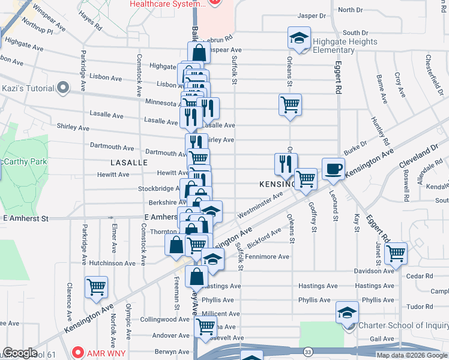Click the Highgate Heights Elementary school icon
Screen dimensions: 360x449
(298, 38)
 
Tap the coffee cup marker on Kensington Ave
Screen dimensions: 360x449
(333, 169)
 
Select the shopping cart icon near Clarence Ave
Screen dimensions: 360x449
(96, 287)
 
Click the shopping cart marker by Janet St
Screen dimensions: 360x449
(396, 253)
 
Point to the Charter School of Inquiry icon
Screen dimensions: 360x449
(346, 313)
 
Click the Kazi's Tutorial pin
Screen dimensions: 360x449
(62, 88)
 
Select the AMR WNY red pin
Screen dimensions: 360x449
(77, 352)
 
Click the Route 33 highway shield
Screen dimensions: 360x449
(308, 351)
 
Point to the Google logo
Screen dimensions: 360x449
(20, 353)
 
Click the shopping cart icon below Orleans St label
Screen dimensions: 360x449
(291, 104)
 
